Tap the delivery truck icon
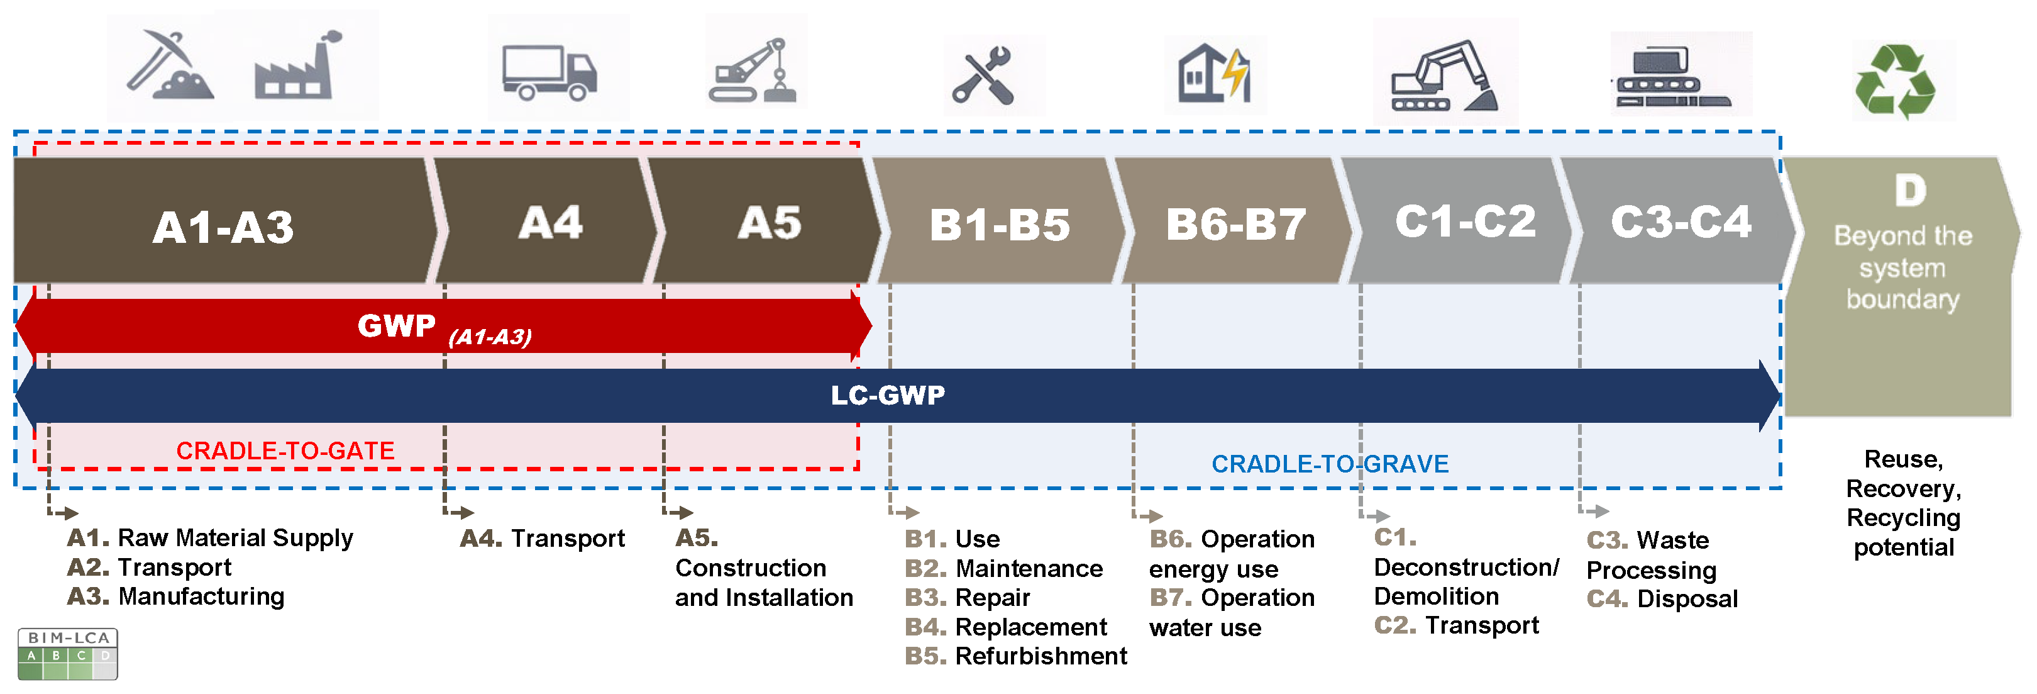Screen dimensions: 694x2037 point(549,73)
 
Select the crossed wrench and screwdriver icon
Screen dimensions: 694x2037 point(983,76)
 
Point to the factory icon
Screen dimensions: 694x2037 point(295,68)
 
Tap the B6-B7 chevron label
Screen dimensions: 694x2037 point(1235,225)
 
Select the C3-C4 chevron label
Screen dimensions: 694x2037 point(1681,222)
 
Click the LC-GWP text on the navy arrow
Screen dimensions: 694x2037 point(887,395)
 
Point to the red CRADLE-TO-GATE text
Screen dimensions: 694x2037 point(285,451)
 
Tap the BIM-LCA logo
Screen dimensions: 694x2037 point(68,654)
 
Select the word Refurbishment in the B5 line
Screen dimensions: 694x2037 point(1041,656)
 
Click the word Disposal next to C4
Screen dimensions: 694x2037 point(1687,599)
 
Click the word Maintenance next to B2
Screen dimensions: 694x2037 point(1029,568)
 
